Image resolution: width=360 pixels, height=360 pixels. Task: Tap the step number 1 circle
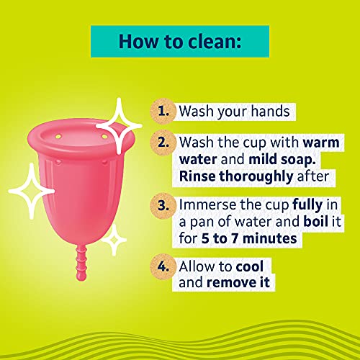tap(164, 112)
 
